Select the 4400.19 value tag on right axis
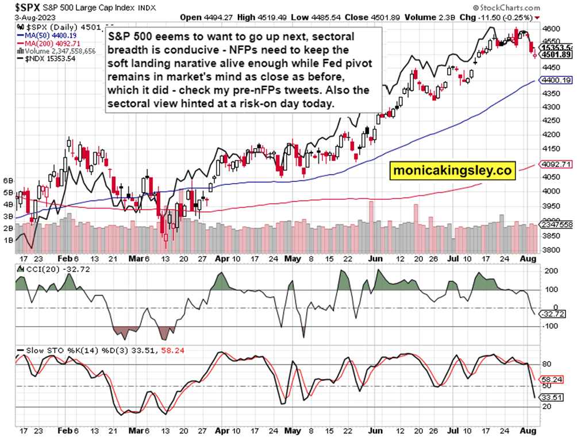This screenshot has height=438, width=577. (556, 80)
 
